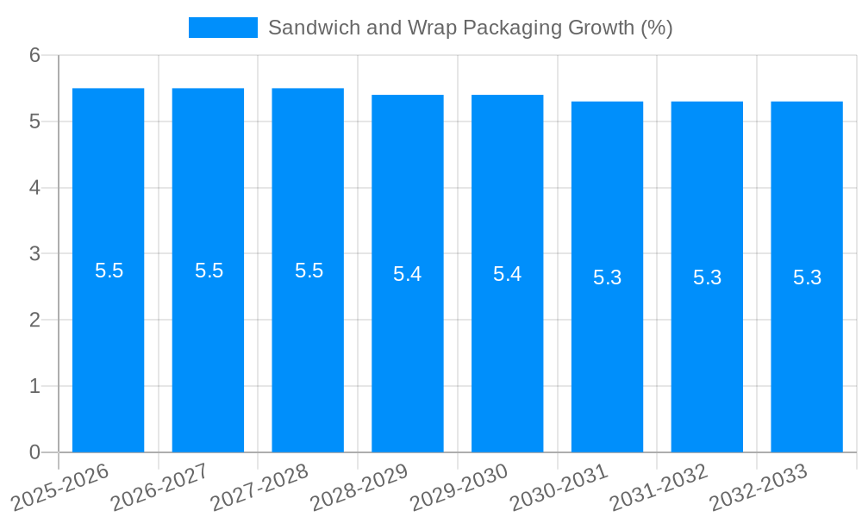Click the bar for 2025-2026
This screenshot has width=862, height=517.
[x=108, y=345]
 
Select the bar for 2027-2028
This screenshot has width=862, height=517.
[x=308, y=345]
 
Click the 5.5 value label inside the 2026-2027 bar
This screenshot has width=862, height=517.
[x=209, y=271]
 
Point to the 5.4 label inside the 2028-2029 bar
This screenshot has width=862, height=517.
[x=407, y=274]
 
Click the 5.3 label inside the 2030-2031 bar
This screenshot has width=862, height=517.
[x=607, y=277]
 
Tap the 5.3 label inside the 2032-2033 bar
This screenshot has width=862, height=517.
[x=807, y=277]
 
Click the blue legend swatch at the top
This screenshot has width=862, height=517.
[x=222, y=28]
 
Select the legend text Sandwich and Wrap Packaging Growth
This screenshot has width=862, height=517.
[x=470, y=28]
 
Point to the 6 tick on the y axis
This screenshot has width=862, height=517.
[x=34, y=55]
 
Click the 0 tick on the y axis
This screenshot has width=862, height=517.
[x=34, y=452]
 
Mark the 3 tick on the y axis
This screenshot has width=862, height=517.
[x=34, y=254]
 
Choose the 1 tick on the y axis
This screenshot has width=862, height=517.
[x=34, y=386]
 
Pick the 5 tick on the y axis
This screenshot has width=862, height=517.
[x=34, y=121]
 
